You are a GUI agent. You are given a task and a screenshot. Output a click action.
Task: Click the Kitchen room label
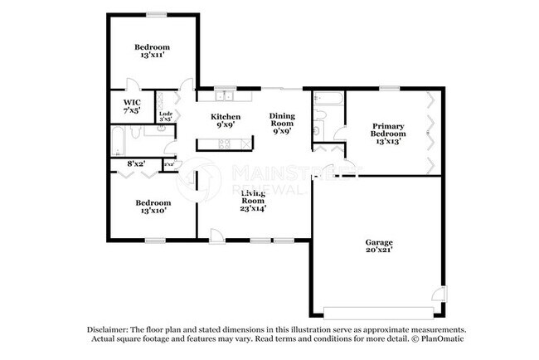pos(226,117)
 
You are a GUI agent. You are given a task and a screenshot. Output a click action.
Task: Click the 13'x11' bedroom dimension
pos(153,56)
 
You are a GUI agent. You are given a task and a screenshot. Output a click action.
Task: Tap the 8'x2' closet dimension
pos(136,164)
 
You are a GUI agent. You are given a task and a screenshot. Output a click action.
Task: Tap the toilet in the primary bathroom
pos(318,132)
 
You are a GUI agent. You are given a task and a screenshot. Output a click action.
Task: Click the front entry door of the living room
pos(216,234)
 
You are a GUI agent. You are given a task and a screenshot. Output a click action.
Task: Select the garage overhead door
pos(378,312)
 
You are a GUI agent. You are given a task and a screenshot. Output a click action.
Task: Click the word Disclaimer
pos(107,329)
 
